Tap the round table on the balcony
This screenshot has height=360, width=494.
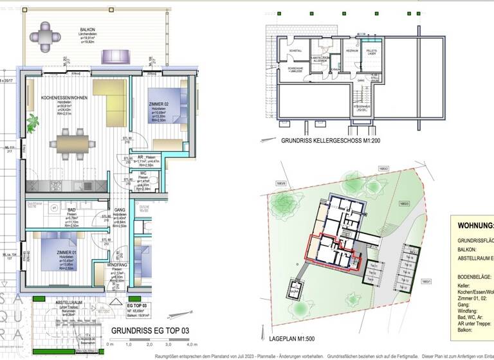(x=46, y=36)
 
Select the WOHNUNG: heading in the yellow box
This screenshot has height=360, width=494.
(x=475, y=226)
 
